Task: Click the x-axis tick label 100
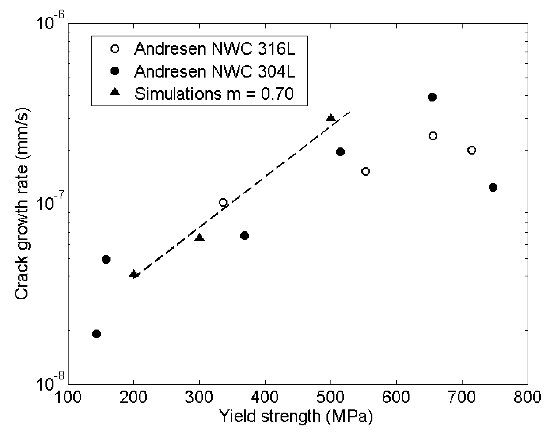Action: tap(68, 397)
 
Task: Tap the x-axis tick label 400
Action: tap(265, 397)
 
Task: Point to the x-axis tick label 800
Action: tap(527, 397)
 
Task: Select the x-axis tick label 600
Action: tap(396, 397)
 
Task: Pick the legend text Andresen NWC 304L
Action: tap(215, 71)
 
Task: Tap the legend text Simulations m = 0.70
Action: tap(214, 94)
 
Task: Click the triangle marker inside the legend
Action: tap(115, 92)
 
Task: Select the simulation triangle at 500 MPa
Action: tap(331, 118)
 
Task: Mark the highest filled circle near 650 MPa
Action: tap(432, 97)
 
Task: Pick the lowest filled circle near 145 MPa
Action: tap(97, 334)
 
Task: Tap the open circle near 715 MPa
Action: tap(472, 150)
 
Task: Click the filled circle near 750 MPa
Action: tap(493, 187)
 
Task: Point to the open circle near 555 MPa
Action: tap(366, 172)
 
